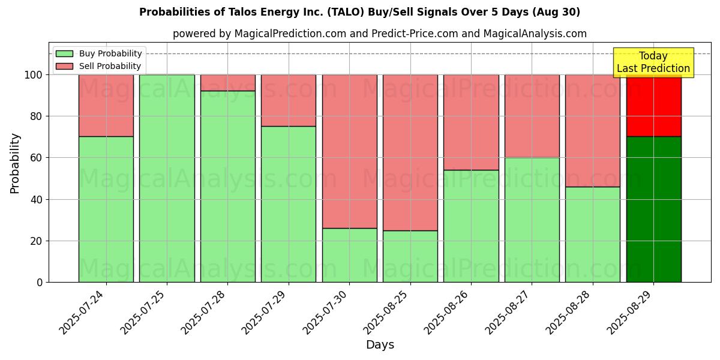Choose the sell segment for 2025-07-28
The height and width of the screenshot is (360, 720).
[228, 83]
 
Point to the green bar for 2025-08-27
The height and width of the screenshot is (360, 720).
[532, 220]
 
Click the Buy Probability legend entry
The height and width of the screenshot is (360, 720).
[98, 53]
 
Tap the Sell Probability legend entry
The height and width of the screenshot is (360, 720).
[98, 66]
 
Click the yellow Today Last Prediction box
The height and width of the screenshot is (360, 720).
[653, 62]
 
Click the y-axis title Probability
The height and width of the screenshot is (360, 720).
[15, 163]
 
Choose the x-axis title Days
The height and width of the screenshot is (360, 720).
[380, 345]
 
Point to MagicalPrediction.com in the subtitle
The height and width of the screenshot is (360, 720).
[294, 34]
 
